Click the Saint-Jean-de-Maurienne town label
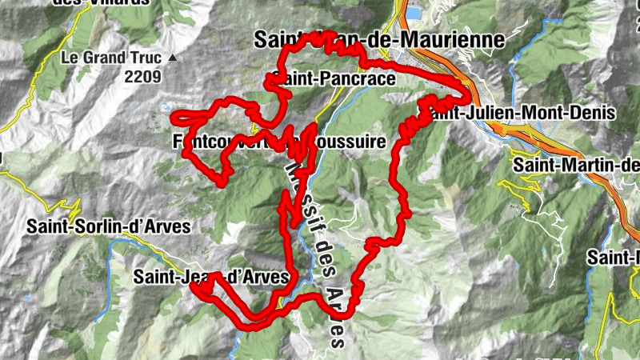click(x=379, y=38)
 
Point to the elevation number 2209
click(x=142, y=78)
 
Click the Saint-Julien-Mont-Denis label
click(x=522, y=113)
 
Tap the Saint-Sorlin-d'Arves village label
click(x=109, y=226)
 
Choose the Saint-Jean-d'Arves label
click(x=210, y=277)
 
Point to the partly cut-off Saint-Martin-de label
click(x=576, y=165)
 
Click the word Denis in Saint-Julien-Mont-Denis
click(x=592, y=113)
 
